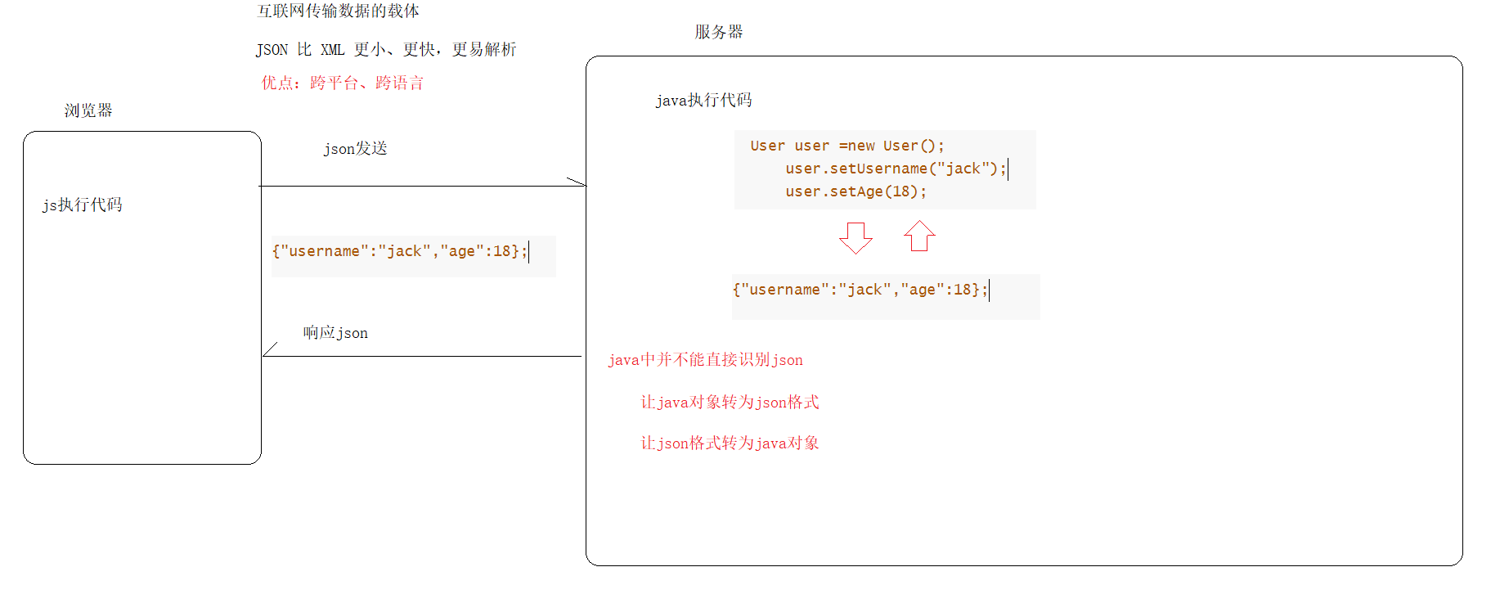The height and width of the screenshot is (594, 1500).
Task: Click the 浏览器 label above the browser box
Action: click(x=88, y=110)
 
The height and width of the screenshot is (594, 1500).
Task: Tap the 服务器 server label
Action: click(x=719, y=32)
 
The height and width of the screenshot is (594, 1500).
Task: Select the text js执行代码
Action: click(x=83, y=205)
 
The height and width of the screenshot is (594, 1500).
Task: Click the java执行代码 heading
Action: click(x=703, y=100)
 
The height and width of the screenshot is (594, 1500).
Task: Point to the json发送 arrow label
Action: click(x=355, y=148)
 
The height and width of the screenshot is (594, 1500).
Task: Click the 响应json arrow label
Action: click(x=335, y=332)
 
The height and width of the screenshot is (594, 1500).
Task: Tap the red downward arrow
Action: click(x=856, y=237)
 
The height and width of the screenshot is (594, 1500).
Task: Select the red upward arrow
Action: click(x=919, y=236)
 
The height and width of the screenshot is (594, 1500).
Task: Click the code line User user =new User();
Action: click(x=847, y=146)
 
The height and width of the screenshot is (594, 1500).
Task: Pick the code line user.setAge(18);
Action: click(x=856, y=191)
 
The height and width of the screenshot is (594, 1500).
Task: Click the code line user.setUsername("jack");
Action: click(x=895, y=169)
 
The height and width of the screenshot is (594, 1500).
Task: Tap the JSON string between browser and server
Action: click(x=400, y=251)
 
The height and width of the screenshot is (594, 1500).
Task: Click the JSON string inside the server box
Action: click(x=860, y=290)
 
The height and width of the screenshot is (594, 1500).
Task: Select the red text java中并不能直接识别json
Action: click(x=705, y=360)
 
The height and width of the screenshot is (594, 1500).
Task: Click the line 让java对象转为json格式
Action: click(x=730, y=402)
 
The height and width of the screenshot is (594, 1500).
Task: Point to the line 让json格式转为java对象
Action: click(x=730, y=443)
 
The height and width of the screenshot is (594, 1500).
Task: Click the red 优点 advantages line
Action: click(x=342, y=83)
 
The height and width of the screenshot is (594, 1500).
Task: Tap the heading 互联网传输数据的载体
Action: click(x=338, y=11)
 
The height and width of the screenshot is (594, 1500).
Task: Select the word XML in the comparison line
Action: click(x=332, y=50)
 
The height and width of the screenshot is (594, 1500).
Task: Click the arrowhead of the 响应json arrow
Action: click(x=267, y=353)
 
